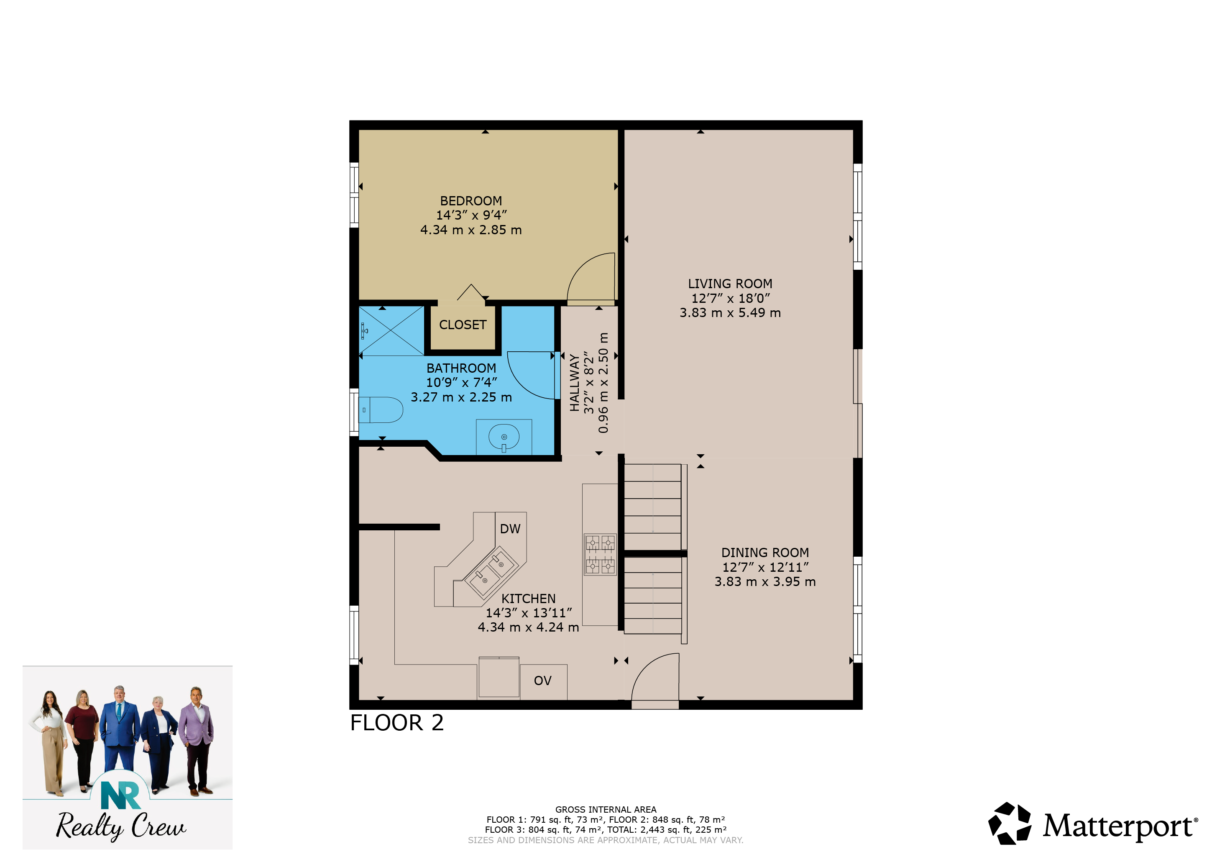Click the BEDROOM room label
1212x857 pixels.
point(471,201)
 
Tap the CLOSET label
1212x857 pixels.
point(463,325)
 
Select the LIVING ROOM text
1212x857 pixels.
point(730,284)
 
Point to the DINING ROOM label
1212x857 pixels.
point(765,553)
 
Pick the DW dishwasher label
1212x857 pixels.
point(510,529)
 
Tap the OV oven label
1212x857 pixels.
point(543,680)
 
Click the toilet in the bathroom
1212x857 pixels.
point(381,410)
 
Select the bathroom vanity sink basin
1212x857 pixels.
point(504,437)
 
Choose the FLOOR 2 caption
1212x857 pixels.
point(397,723)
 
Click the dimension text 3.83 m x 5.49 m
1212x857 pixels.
point(730,312)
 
